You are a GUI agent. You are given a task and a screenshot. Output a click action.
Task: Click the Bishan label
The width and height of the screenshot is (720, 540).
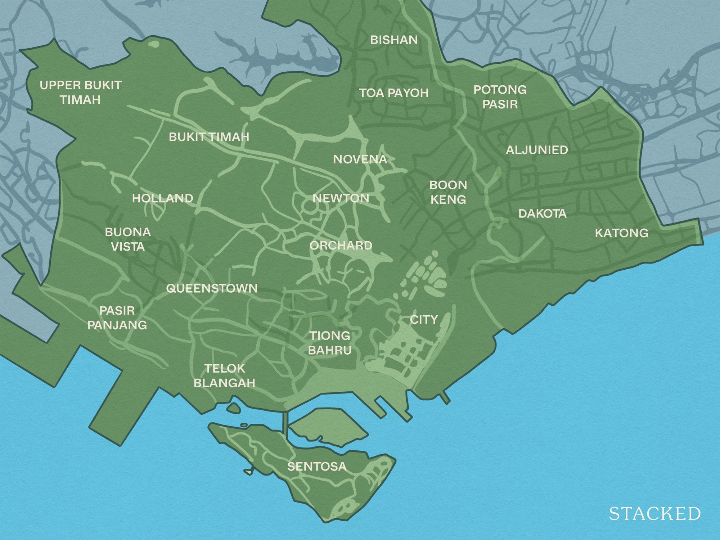coord(394,40)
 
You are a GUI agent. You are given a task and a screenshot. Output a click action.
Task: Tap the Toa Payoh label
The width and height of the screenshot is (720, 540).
coord(394,93)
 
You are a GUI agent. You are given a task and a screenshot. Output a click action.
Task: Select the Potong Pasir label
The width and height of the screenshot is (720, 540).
coord(500,97)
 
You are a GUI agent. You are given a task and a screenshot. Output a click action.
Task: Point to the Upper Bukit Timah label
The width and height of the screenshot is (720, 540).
coord(81,93)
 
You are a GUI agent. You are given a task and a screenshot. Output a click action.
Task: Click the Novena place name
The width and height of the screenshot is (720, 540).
coord(360,159)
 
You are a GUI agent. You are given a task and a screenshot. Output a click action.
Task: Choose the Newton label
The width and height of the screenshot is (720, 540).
coord(341,198)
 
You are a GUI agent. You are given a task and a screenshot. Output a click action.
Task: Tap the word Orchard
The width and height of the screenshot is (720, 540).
coord(341,246)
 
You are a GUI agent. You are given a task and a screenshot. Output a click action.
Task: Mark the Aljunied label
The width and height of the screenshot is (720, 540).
coord(537,150)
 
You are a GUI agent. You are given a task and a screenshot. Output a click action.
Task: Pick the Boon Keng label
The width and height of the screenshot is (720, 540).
coord(448,192)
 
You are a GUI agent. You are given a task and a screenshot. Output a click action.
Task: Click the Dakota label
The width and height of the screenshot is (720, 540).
coord(543,214)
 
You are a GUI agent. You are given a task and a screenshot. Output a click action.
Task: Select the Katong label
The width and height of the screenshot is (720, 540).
coord(621,233)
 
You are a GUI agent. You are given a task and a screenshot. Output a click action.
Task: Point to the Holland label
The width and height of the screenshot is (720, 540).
coord(163,198)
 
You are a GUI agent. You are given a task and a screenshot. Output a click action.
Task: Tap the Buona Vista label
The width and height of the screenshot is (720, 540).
coord(128,239)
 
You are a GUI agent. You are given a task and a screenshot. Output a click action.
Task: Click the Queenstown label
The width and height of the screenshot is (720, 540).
coord(212,288)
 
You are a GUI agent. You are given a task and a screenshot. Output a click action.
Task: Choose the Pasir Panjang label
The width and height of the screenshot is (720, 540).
coord(117,318)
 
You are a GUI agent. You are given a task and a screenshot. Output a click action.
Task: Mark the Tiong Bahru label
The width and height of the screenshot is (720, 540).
coord(330,343)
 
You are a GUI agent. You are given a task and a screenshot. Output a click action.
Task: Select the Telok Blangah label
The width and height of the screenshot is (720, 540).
coord(225,376)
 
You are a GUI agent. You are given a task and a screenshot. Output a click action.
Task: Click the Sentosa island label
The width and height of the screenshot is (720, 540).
coord(317,467)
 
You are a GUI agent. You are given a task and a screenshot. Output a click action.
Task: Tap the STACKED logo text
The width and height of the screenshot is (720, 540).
coord(655,514)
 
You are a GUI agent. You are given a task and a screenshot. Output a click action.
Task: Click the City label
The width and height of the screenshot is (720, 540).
coord(424,320)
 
